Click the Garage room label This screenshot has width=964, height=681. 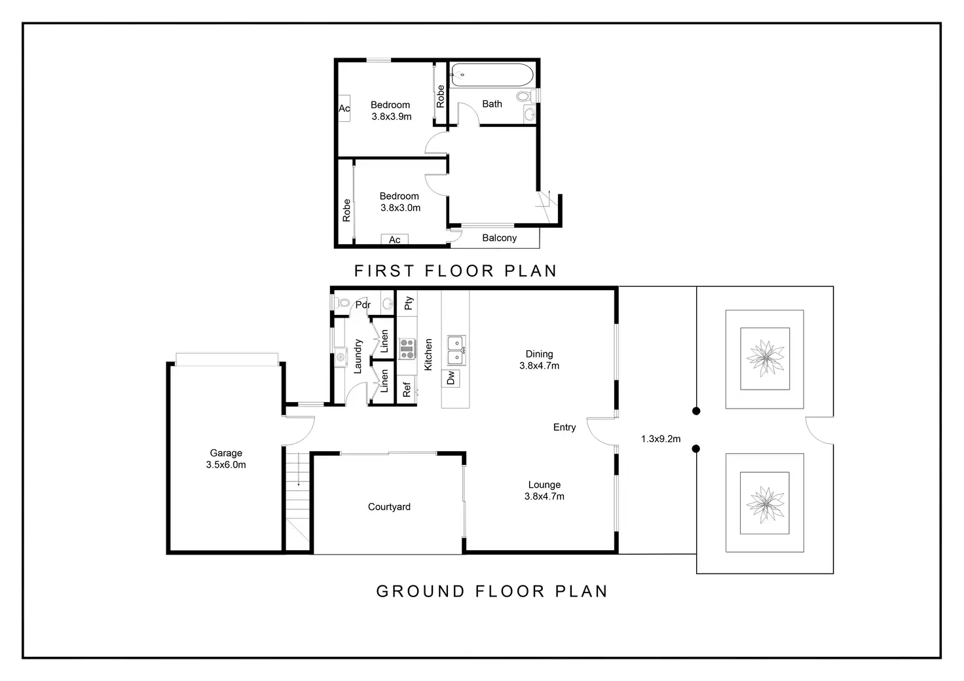click(226, 458)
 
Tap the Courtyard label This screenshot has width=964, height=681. click(389, 507)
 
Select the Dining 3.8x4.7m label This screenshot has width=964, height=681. click(539, 360)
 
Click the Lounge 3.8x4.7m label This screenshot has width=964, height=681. click(544, 490)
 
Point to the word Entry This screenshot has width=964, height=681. click(564, 428)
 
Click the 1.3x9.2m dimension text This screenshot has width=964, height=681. click(660, 439)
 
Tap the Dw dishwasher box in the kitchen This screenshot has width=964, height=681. click(451, 378)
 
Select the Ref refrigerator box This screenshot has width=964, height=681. click(407, 390)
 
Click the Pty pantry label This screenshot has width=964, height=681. click(408, 303)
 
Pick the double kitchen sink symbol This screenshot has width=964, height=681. click(456, 350)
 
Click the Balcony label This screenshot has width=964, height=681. click(499, 238)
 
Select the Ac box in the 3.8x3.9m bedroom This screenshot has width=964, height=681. click(344, 109)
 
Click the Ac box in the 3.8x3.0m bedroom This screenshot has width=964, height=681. click(395, 240)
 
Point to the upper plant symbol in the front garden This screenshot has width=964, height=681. click(764, 359)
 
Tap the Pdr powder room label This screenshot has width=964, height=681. click(363, 304)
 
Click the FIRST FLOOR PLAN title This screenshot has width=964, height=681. click(455, 271)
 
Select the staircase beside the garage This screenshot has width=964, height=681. click(298, 501)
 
